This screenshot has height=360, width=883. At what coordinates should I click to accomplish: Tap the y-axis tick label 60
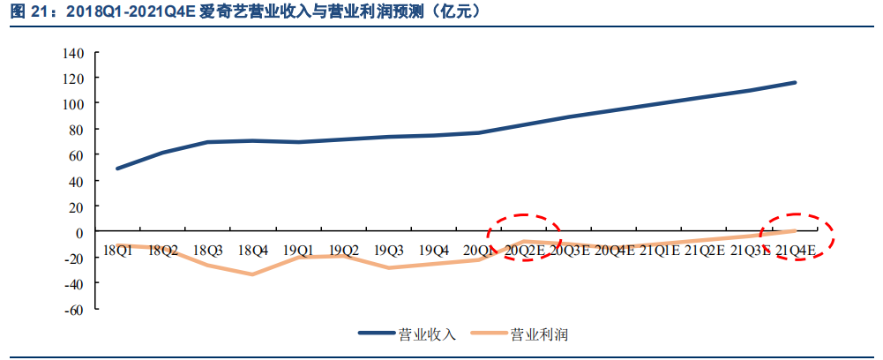point(77,155)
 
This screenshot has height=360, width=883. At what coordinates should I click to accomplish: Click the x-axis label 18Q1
point(117,251)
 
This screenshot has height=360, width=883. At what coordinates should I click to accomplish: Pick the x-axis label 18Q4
point(253,251)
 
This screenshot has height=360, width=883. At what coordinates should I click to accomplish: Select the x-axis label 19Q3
point(389,251)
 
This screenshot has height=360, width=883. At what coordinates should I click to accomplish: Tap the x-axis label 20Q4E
point(615,251)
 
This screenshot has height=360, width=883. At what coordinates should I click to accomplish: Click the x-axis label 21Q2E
point(706,251)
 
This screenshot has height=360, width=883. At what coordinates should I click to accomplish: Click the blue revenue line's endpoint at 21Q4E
point(796,83)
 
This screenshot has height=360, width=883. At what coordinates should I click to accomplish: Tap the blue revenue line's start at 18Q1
point(117,169)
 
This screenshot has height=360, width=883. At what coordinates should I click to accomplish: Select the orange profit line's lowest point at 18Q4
point(253,274)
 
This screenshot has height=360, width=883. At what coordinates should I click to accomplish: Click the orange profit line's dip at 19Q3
point(389,267)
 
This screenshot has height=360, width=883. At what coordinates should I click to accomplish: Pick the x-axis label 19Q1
point(298,251)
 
